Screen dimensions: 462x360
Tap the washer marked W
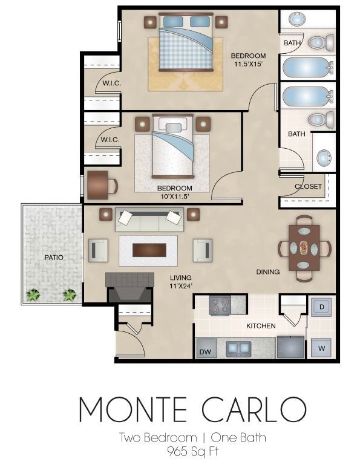click(x=321, y=348)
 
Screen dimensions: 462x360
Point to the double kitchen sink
click(x=238, y=348)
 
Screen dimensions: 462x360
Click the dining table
click(x=304, y=247)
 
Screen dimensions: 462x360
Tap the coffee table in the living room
click(x=148, y=250)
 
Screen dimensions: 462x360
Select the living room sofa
click(x=149, y=220)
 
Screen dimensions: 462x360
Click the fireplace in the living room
click(x=129, y=286)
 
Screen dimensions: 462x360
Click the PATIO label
click(x=54, y=258)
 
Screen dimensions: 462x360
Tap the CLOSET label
click(x=308, y=186)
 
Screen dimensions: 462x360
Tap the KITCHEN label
click(x=261, y=326)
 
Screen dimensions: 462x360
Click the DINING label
click(x=267, y=272)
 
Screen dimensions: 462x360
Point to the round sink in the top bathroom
click(x=296, y=20)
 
